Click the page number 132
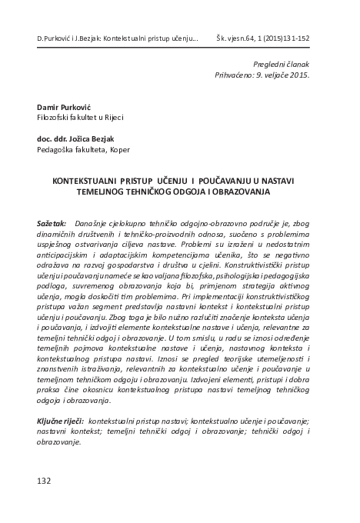pyautogui.click(x=44, y=481)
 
